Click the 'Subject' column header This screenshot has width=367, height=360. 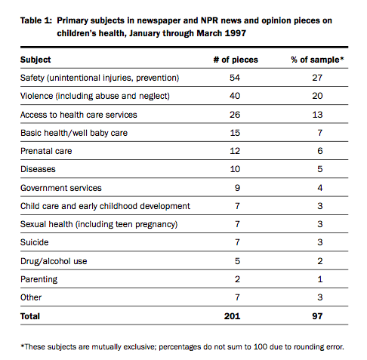pos(35,60)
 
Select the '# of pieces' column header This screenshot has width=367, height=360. pos(236,60)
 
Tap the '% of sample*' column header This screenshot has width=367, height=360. pos(317,60)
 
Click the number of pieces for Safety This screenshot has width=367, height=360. pos(235,78)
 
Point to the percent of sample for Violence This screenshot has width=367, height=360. pos(317,96)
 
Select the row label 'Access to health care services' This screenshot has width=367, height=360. pos(79,115)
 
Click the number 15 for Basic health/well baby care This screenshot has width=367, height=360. pos(235,133)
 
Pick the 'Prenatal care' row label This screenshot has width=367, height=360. pos(46,151)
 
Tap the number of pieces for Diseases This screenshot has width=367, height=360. pos(235,169)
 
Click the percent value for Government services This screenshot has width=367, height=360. pos(320,188)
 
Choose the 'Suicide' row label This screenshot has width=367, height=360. pos(35,242)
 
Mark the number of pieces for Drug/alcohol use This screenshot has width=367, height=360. pos(237,261)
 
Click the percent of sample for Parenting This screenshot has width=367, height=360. pos(320,279)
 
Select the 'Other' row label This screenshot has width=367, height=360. pos(31,297)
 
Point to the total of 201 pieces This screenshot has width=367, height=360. pos(232,316)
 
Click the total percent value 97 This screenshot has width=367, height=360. pos(317,316)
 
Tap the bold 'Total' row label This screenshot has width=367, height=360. pos(30,316)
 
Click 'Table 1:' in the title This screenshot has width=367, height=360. pos(36,20)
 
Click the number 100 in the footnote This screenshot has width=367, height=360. pos(261,347)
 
